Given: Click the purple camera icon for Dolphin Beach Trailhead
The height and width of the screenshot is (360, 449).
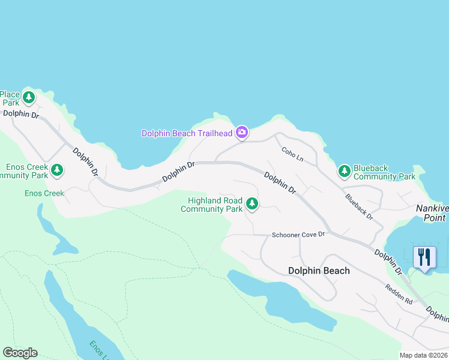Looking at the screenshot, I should click(x=241, y=132).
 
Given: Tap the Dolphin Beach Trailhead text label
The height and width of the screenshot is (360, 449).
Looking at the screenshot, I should click(x=187, y=133).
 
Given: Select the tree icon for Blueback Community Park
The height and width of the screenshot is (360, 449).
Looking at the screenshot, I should click(x=344, y=172).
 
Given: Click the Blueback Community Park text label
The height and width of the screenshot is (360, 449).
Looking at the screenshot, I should click(x=384, y=173).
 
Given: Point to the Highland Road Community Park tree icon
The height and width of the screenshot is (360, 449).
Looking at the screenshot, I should click(x=252, y=205).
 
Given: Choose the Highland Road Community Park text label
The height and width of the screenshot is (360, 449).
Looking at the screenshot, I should click(x=212, y=205).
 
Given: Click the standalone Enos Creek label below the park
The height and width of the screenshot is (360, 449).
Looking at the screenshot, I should click(x=44, y=193).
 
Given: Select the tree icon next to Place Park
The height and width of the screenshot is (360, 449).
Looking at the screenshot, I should click(x=29, y=97).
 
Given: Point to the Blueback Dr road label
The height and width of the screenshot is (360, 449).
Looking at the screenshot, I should click(x=359, y=206).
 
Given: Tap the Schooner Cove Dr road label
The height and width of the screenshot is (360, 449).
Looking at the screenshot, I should click(x=298, y=235).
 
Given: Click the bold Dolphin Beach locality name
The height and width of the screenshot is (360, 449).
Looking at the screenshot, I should click(x=319, y=271).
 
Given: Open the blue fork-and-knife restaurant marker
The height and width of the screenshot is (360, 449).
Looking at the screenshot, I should click(x=424, y=257).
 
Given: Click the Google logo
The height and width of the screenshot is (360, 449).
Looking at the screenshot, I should click(x=20, y=353).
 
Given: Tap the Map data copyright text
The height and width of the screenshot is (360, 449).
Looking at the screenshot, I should click(x=424, y=355).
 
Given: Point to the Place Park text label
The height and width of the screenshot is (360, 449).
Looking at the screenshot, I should click(x=10, y=98).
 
